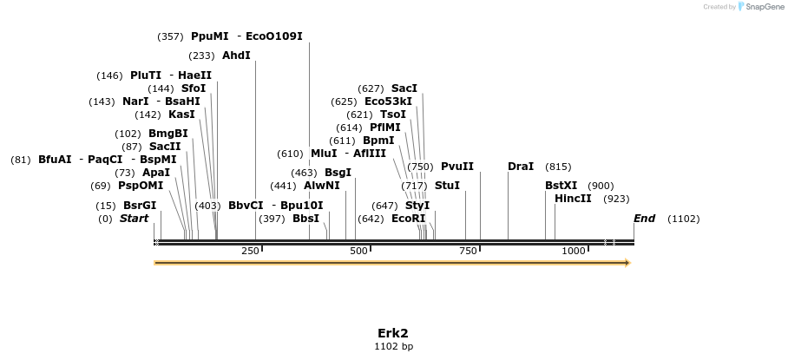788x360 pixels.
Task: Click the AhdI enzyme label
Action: (236, 56)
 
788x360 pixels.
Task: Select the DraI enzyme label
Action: (521, 167)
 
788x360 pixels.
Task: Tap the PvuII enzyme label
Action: (457, 167)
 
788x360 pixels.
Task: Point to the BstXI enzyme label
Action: (561, 186)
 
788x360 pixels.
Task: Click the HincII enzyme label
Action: (573, 199)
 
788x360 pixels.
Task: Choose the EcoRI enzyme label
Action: (409, 219)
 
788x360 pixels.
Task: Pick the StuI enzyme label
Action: (447, 186)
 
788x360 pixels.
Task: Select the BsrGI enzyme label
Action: (140, 206)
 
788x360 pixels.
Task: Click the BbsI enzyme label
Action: (306, 219)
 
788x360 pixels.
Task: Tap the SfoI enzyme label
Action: (194, 88)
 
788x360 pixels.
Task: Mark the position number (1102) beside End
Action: (683, 219)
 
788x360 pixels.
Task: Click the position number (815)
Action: (558, 167)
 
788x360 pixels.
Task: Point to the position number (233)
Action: (201, 56)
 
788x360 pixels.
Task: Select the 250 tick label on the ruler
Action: (250, 251)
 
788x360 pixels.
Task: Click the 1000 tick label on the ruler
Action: (574, 251)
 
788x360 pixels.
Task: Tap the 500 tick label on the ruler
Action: (358, 251)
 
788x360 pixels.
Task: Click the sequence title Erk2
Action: (393, 333)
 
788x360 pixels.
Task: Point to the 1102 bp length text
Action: (393, 347)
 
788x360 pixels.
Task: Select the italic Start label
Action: (135, 219)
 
